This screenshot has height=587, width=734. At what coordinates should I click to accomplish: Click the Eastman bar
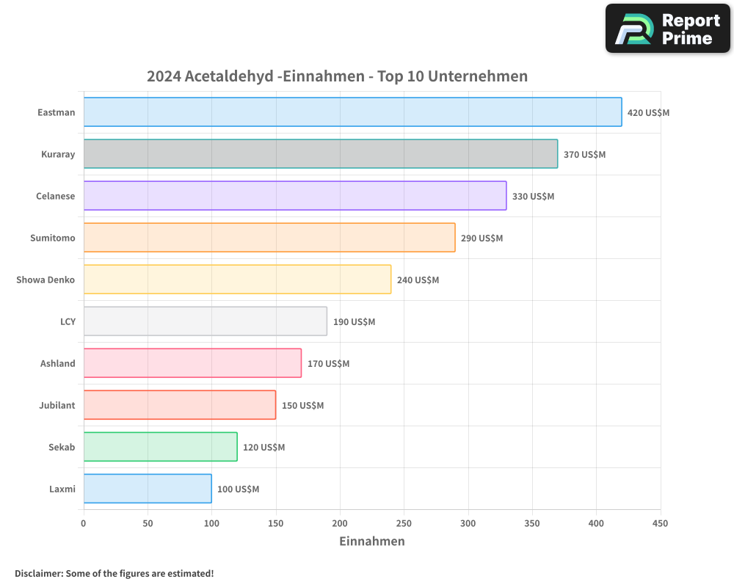click(x=352, y=112)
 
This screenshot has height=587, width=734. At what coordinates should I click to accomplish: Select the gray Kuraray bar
click(x=321, y=154)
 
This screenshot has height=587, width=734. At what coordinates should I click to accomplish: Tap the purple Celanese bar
click(x=295, y=196)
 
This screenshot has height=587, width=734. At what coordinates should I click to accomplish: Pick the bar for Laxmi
click(x=148, y=489)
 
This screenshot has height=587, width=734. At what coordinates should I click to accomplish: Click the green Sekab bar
click(x=160, y=447)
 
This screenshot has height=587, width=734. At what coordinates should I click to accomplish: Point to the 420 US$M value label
click(x=648, y=113)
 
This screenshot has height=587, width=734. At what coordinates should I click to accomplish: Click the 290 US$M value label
click(x=482, y=238)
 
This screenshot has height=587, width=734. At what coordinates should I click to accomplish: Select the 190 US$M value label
click(x=354, y=322)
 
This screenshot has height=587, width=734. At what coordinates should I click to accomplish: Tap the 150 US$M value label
click(x=302, y=406)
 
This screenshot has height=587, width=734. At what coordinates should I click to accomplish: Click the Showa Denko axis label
click(x=46, y=280)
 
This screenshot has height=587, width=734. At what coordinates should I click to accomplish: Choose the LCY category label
click(x=68, y=321)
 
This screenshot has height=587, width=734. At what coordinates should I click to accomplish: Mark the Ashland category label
click(x=57, y=363)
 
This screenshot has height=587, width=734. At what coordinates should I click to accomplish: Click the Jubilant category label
click(x=57, y=405)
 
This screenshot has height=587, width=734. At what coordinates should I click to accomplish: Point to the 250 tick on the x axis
click(x=404, y=523)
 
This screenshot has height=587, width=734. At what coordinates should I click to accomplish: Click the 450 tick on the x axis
click(x=660, y=523)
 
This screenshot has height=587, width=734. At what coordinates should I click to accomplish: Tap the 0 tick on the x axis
click(x=84, y=523)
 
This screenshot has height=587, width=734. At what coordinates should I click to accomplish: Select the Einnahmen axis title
click(x=371, y=542)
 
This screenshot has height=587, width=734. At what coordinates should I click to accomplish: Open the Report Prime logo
click(x=667, y=29)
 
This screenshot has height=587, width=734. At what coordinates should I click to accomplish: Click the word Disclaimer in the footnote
click(x=38, y=574)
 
